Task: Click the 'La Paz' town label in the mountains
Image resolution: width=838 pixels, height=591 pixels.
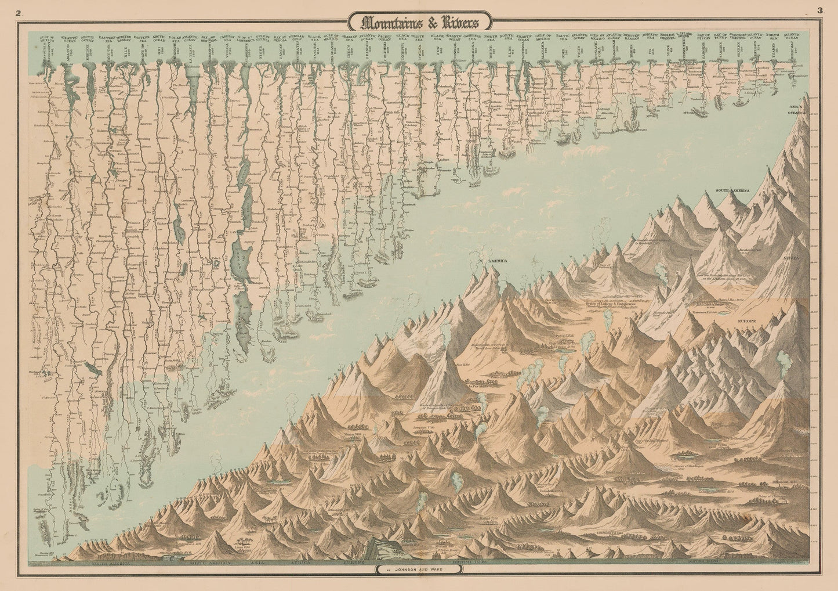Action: pyautogui.click(x=471, y=385)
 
